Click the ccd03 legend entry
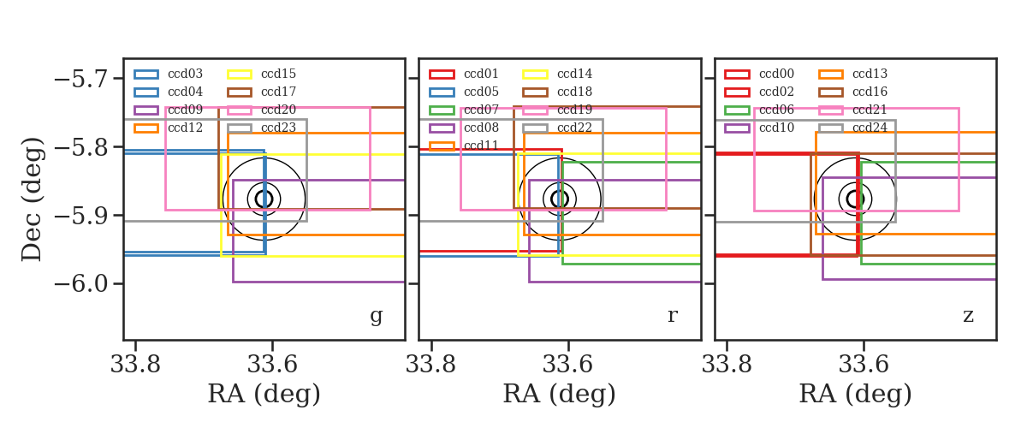(169, 74)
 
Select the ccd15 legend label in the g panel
(278, 74)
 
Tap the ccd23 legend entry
(262, 128)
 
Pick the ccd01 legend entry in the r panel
(464, 74)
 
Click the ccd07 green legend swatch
(442, 110)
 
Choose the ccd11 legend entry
(464, 146)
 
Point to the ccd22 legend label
(574, 128)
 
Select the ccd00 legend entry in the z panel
(759, 74)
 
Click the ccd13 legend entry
(852, 74)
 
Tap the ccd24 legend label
(870, 128)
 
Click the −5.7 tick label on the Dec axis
(81, 79)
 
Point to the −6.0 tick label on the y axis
(81, 283)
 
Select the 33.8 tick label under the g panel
(135, 365)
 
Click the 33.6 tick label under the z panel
(864, 365)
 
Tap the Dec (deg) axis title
(33, 199)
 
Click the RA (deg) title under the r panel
(560, 394)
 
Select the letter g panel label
(376, 316)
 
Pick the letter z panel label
(968, 316)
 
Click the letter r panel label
(672, 316)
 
